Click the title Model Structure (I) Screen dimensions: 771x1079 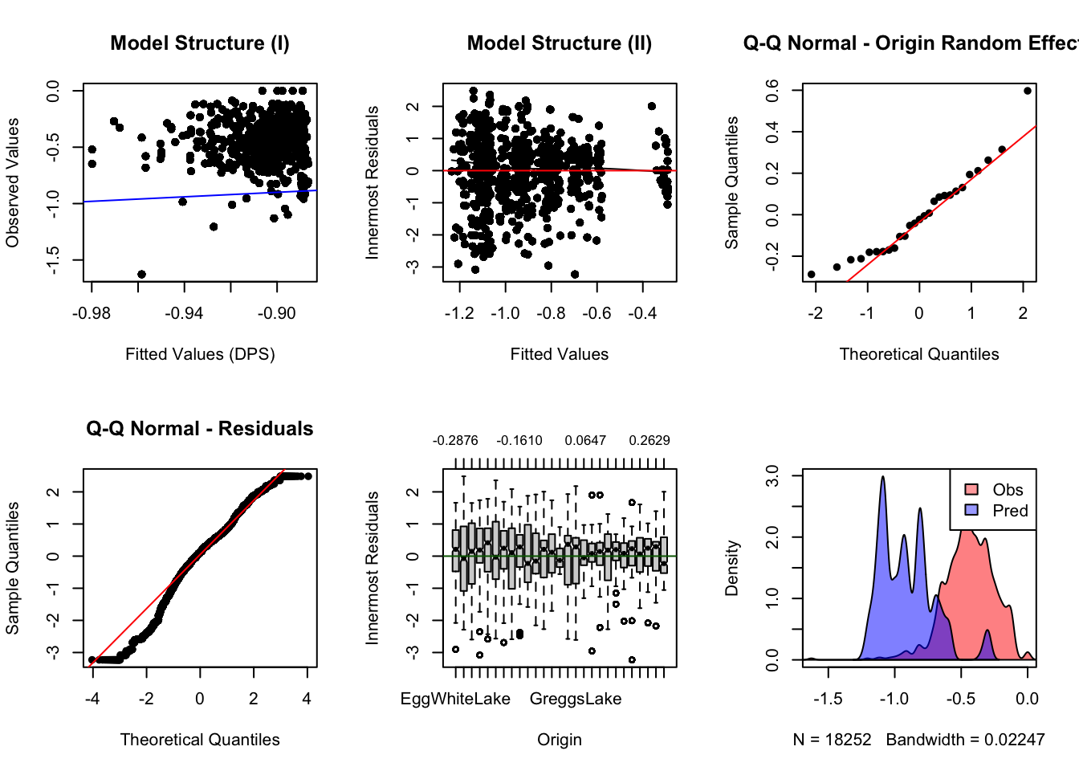(200, 43)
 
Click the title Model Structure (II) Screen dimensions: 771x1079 (560, 43)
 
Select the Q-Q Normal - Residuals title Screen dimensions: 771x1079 (200, 429)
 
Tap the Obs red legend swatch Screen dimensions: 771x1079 (971, 490)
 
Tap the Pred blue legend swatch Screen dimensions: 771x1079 (971, 511)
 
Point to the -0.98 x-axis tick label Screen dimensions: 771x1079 (92, 313)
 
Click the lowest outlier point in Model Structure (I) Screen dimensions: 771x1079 (142, 275)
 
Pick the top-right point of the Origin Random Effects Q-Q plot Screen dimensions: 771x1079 (1028, 91)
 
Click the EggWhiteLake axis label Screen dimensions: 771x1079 (455, 699)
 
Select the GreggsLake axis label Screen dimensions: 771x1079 (576, 699)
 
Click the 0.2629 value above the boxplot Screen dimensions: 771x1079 (649, 440)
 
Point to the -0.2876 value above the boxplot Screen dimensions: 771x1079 (455, 440)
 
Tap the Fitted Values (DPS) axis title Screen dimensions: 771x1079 (200, 354)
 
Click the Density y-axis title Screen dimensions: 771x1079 (731, 568)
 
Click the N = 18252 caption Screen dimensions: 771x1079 (832, 740)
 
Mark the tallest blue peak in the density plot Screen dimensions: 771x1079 (883, 479)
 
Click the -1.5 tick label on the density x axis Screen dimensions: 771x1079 (828, 699)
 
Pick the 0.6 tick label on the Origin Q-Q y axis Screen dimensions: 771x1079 (772, 90)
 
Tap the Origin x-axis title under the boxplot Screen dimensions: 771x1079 (560, 740)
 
